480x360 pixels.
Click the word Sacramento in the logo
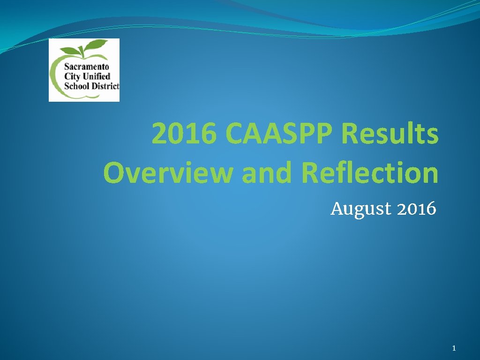[x=86, y=67]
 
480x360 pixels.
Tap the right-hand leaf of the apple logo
[x=99, y=46]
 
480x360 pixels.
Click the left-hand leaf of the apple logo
[x=74, y=50]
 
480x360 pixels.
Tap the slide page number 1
[x=454, y=348]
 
